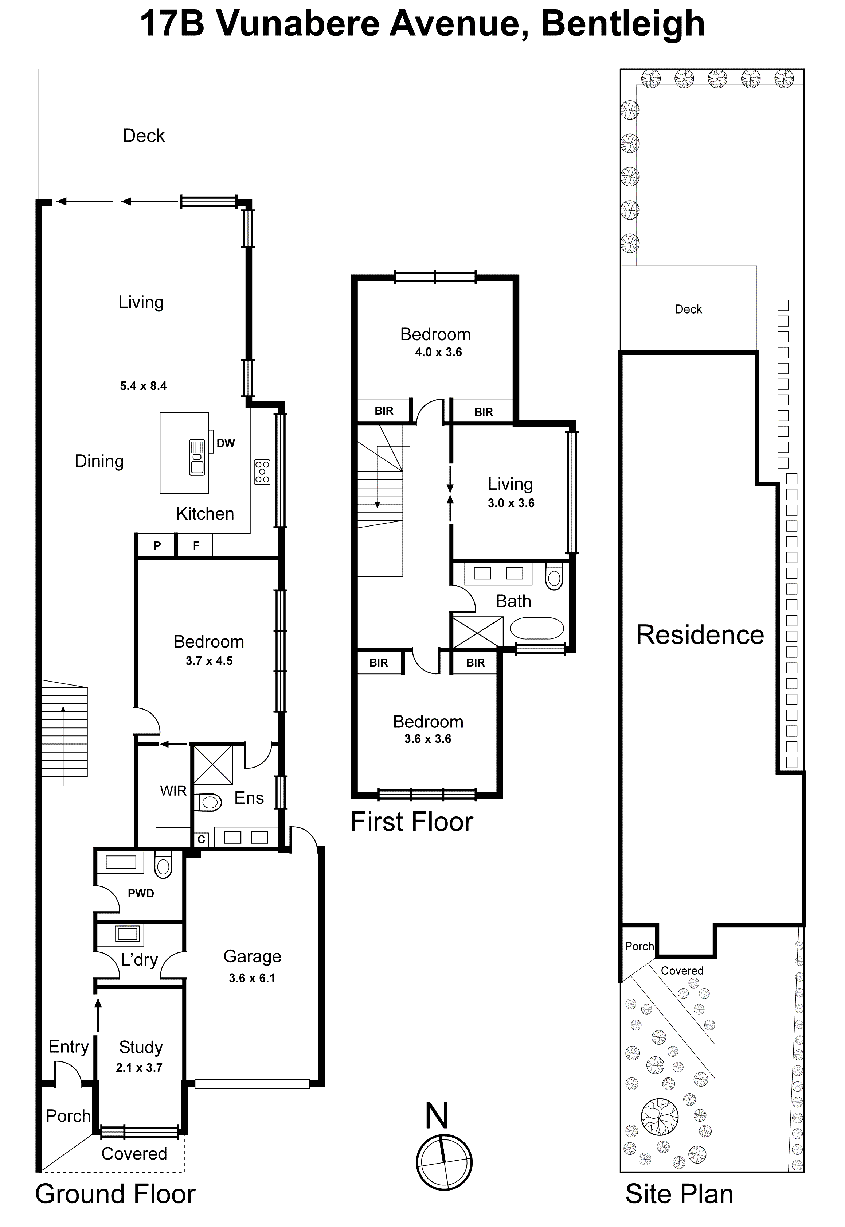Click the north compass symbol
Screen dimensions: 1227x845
444,1163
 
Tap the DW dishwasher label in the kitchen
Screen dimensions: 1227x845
226,443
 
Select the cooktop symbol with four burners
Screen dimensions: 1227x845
262,471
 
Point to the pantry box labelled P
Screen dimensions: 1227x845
157,546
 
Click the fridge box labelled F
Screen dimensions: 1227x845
196,546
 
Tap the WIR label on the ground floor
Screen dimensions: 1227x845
173,791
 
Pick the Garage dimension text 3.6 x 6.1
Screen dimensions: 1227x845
252,978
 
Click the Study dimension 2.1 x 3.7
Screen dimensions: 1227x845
139,1068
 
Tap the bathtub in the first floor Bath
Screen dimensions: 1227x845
536,629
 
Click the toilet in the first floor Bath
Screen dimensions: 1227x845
554,576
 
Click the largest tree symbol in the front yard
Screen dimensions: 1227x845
659,1117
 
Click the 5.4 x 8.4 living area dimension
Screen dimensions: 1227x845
143,386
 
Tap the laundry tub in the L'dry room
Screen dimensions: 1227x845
127,933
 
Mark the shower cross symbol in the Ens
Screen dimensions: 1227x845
213,765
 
